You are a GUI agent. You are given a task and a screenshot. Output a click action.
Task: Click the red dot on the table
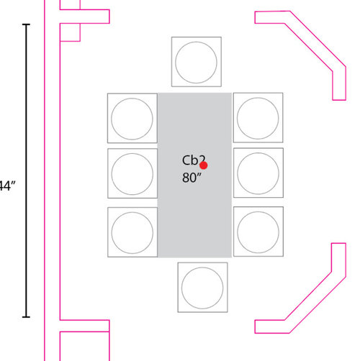click(204, 165)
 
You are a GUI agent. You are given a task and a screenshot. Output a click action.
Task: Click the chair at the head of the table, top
click(197, 61)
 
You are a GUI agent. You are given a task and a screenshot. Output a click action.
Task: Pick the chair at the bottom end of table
click(202, 286)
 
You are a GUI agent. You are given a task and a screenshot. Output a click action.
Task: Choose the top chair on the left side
click(132, 117)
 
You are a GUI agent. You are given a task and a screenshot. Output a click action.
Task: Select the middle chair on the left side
click(132, 173)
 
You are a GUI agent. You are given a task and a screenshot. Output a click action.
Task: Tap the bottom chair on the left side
click(132, 232)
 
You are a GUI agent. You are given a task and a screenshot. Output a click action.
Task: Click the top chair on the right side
click(258, 117)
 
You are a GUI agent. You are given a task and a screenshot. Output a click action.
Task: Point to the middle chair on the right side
click(258, 173)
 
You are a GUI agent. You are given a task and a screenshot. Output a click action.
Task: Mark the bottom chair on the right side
click(258, 232)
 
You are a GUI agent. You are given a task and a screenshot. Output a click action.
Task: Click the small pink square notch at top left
click(69, 32)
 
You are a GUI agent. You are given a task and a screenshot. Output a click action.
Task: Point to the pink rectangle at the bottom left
click(84, 346)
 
